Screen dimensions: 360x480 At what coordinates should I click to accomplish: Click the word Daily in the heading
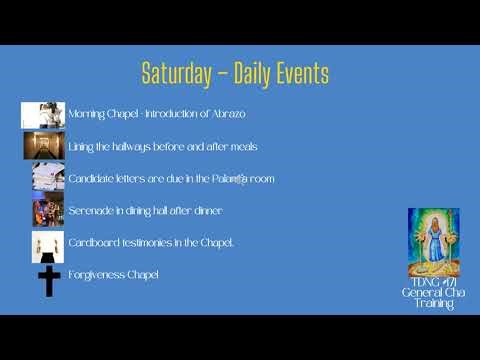(251, 73)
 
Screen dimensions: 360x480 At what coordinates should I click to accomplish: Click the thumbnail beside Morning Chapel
(43, 115)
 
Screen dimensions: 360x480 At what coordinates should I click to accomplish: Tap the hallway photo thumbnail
(44, 146)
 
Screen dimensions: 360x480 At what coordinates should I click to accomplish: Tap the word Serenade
(88, 211)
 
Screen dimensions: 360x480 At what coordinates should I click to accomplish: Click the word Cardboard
(90, 243)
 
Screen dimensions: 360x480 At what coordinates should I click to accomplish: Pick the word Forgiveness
(93, 274)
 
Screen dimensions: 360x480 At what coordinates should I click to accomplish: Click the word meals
(244, 146)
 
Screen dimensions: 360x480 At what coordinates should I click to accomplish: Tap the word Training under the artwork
(434, 303)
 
